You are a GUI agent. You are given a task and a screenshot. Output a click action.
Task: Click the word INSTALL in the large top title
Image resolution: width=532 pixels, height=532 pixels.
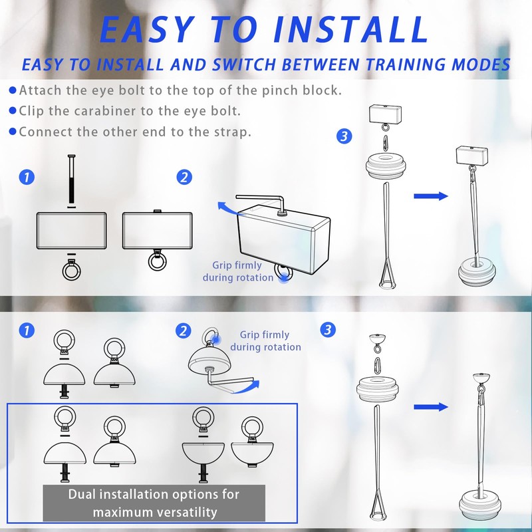(x=352, y=29)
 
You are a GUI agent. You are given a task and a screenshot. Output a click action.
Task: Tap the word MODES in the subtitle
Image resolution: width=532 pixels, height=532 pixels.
(x=481, y=65)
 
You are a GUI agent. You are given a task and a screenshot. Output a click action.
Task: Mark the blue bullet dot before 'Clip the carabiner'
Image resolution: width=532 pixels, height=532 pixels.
(x=13, y=111)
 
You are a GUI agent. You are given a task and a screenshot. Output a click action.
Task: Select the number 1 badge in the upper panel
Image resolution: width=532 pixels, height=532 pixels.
(x=27, y=177)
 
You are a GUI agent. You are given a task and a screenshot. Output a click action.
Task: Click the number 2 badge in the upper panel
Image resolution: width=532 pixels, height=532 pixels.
(x=184, y=177)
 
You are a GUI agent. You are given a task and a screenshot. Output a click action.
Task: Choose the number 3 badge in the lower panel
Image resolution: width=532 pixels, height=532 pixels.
(x=328, y=330)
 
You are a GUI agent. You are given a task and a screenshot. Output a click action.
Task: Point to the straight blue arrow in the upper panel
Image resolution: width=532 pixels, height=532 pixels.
(x=431, y=196)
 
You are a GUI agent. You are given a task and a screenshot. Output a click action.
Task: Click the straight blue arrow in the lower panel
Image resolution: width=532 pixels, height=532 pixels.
(x=431, y=407)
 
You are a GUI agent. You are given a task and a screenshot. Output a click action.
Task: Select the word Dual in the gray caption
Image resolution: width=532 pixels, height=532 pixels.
(x=81, y=494)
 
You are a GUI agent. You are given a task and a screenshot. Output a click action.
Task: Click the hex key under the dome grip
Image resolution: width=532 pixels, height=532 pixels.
(x=228, y=377)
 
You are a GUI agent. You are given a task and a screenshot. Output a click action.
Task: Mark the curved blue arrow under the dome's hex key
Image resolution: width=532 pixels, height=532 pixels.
(x=247, y=387)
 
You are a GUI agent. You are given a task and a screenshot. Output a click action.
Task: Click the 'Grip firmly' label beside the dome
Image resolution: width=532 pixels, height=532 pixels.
(x=264, y=335)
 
